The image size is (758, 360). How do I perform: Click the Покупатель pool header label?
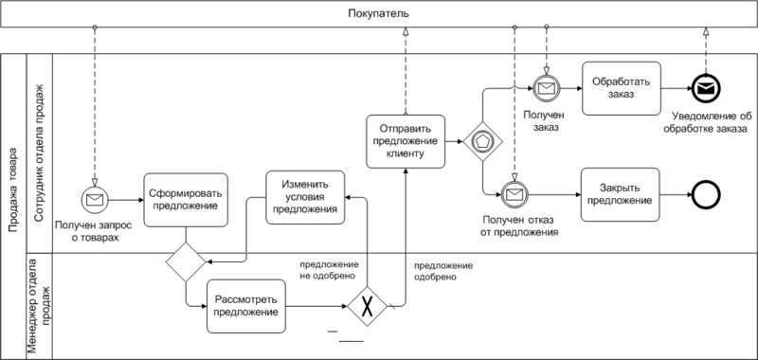tap(378, 15)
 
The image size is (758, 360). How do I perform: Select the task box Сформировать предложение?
tap(185, 199)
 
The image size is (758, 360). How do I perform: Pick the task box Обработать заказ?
tap(621, 88)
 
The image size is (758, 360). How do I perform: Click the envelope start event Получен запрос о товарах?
tap(97, 199)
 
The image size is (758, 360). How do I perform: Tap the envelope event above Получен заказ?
tap(547, 89)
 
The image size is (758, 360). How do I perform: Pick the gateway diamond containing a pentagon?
tap(481, 140)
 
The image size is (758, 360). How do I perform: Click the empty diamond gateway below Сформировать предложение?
tap(186, 261)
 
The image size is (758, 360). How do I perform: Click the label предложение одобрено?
tap(445, 271)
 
